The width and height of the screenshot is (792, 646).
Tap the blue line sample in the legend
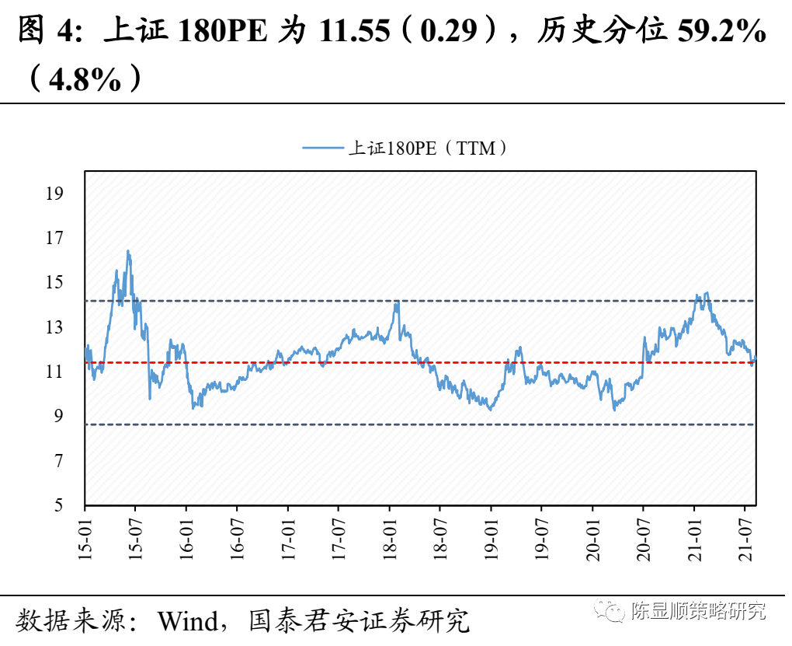(321, 148)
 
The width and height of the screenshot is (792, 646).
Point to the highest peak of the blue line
(128, 251)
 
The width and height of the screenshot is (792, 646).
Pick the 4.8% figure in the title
(85, 79)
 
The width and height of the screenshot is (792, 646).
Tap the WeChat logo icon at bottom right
(611, 612)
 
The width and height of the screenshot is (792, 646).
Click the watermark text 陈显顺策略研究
(698, 612)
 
